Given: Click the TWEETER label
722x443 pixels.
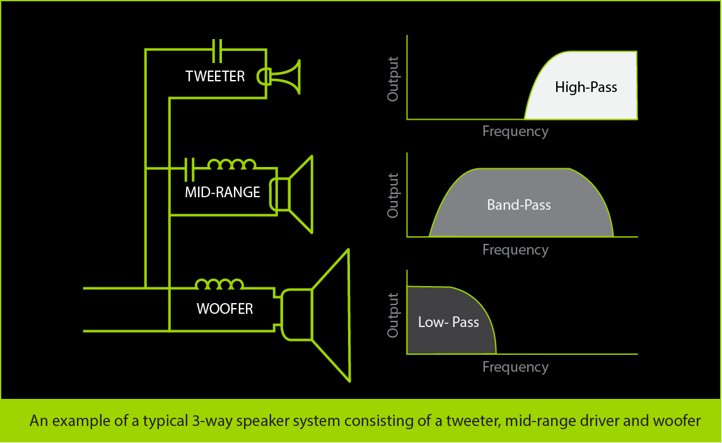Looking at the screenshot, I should pos(215,76).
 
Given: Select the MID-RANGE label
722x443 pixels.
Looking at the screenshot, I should pos(222,192).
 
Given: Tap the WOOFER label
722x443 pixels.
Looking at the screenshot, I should pos(224,309).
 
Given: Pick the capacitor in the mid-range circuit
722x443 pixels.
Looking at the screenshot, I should pos(190,168).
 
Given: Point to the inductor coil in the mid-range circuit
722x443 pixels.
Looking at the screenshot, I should pos(232,165).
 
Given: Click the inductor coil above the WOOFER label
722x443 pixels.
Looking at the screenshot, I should pos(219,285).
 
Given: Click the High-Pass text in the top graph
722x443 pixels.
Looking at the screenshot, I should pos(586,88).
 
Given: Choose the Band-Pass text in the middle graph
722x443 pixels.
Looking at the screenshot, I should pos(519,205).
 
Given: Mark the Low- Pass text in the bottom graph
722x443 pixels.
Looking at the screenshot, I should pos(448,322).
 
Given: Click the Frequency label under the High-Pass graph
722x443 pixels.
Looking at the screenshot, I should pos(515,132).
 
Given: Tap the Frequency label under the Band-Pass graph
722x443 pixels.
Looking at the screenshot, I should pos(515,250).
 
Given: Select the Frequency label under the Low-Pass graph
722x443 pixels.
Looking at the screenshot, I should pos(515,367).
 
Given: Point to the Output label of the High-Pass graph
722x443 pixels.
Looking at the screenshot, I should pos(393,79).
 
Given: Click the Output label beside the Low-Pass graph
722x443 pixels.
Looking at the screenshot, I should pos(393,314).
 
